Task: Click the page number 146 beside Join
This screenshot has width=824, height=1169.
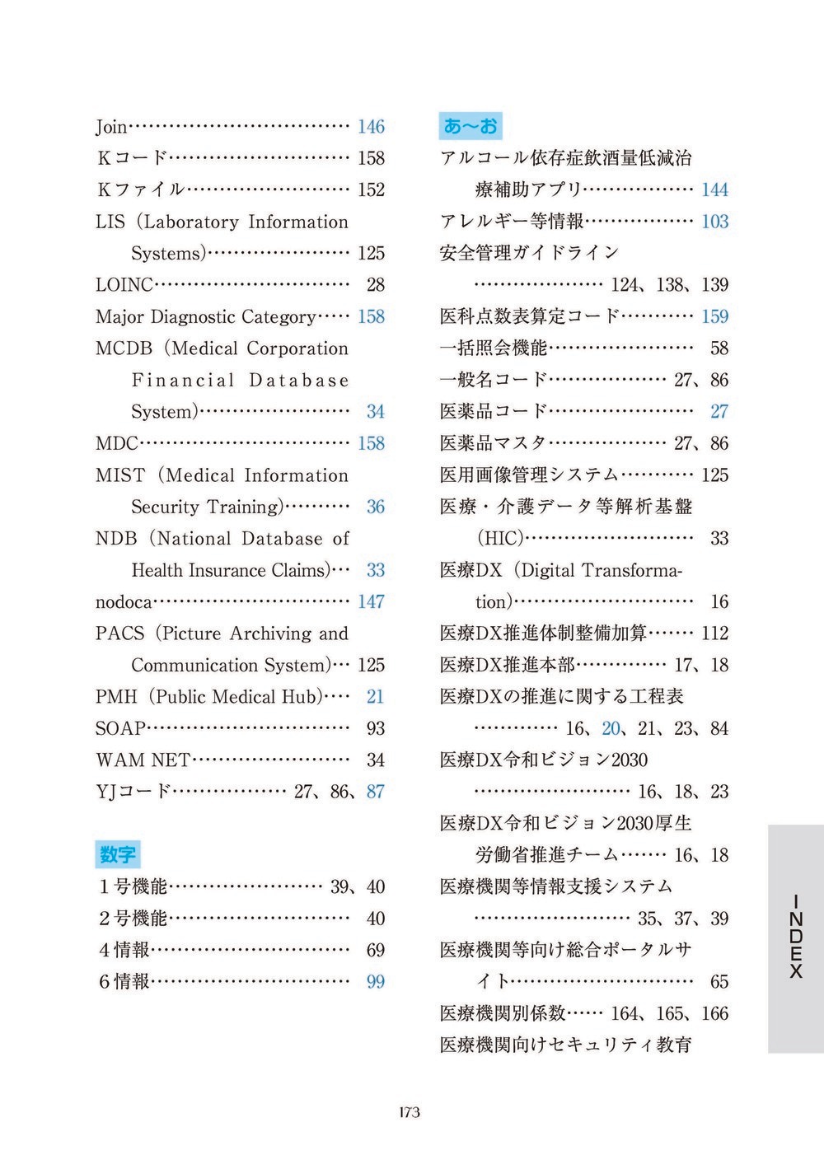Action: (371, 127)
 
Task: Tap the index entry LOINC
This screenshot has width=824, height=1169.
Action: (124, 285)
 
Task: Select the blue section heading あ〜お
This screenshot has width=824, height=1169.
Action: (471, 126)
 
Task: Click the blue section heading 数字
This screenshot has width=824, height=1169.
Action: (117, 854)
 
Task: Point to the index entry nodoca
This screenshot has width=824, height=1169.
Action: (124, 602)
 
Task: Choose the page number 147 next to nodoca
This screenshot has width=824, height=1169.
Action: (371, 602)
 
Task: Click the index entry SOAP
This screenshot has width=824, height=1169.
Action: (120, 729)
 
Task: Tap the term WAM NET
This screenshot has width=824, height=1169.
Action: (143, 760)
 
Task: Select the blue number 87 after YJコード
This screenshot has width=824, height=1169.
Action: (376, 792)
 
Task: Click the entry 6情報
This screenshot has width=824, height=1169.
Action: (124, 982)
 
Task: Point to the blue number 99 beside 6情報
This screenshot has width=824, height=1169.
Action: (376, 982)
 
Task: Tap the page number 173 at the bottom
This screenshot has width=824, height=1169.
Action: (409, 1112)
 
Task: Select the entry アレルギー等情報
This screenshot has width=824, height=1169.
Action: (512, 222)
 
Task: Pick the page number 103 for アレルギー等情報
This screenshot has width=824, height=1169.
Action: (714, 222)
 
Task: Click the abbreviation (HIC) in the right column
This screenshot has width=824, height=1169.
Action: (500, 539)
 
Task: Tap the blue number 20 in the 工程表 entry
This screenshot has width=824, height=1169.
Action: (611, 729)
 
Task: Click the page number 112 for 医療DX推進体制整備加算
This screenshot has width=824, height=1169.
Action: (714, 634)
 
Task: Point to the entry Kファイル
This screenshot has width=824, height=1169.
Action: (140, 190)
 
